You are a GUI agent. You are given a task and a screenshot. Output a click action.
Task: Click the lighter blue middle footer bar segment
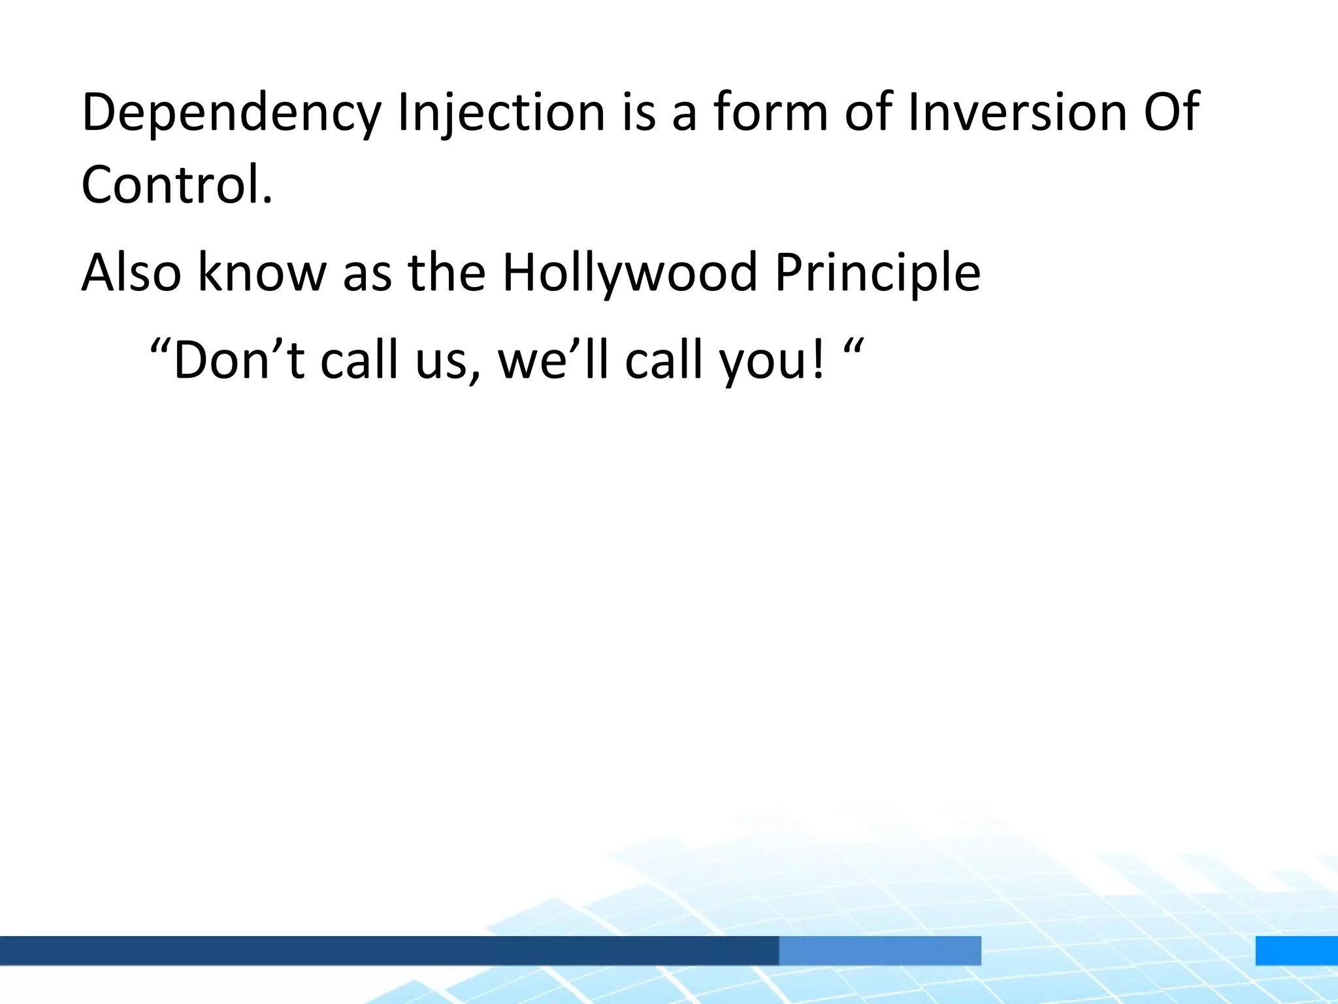[879, 950]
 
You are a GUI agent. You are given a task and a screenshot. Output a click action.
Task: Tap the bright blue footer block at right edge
[1296, 950]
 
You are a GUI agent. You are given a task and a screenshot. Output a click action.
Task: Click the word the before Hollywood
[447, 273]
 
